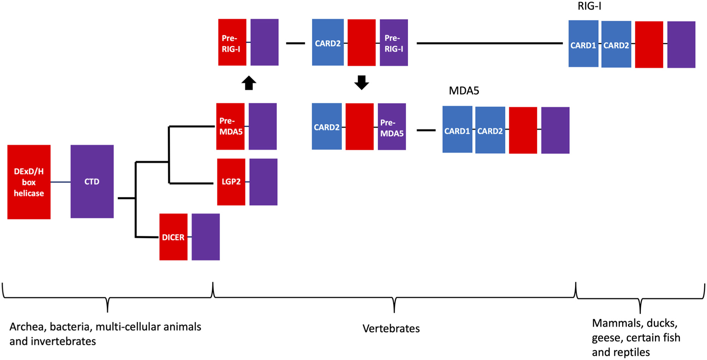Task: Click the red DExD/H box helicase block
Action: [29, 182]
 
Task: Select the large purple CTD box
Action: [92, 181]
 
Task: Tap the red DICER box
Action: [173, 237]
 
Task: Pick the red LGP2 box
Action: [231, 182]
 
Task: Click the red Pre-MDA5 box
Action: [230, 126]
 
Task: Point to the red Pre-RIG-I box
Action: [232, 42]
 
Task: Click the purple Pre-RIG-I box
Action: [394, 43]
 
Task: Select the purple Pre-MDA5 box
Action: [392, 127]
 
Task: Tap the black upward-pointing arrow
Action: [249, 83]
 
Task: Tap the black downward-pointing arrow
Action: [361, 82]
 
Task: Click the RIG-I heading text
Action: [589, 6]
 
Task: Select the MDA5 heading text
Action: [464, 91]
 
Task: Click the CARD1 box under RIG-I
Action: [583, 44]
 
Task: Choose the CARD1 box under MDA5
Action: [457, 130]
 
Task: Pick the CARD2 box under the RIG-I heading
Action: [616, 44]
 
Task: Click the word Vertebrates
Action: [391, 328]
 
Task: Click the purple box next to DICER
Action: [206, 237]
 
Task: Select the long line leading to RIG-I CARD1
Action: [489, 43]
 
